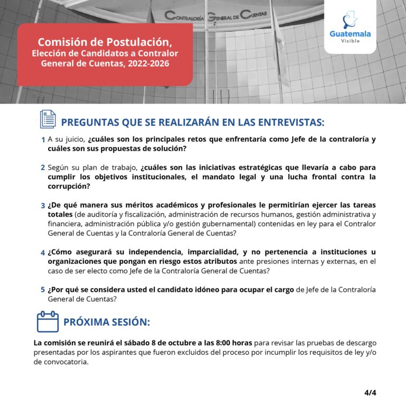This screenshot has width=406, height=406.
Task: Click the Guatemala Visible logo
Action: tap(350, 27)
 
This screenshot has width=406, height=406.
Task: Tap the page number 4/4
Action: tap(370, 393)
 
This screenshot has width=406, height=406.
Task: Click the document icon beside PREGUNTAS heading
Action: tap(48, 119)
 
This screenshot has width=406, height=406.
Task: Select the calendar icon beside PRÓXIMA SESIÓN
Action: tap(48, 321)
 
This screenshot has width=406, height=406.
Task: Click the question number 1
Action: tap(43, 140)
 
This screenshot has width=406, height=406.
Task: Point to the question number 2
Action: tap(43, 168)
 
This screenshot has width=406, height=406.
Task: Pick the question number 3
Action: tap(43, 205)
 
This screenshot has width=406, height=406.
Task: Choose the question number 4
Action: tap(43, 253)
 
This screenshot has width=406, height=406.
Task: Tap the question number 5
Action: tap(43, 290)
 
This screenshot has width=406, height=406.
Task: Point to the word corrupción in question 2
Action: tap(69, 187)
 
